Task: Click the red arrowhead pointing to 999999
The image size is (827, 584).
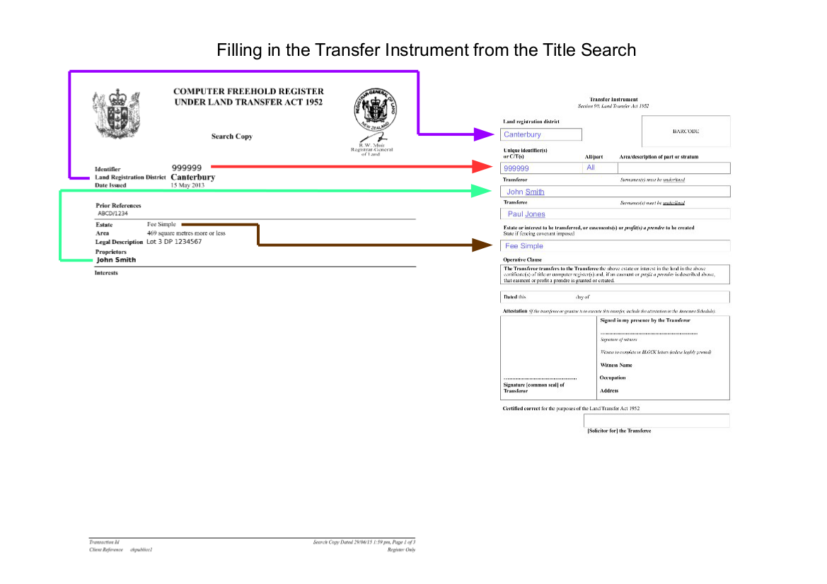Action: [x=484, y=166]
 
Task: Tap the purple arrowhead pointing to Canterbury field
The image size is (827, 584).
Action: [x=484, y=133]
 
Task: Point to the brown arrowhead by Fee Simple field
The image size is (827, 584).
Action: [x=484, y=245]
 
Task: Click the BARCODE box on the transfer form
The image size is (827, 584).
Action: [x=686, y=132]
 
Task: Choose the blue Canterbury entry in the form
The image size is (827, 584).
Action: [x=522, y=134]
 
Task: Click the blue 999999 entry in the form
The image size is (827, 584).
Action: [x=516, y=168]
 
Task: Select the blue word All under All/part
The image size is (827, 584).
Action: [x=591, y=168]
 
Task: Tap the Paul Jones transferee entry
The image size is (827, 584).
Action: [x=526, y=214]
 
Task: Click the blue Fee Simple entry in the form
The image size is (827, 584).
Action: [x=524, y=246]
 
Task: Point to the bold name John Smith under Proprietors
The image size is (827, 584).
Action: [x=116, y=259]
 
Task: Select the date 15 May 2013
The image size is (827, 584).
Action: [x=187, y=185]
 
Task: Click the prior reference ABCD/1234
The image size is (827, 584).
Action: [x=112, y=213]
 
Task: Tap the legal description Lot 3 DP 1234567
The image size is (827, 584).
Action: [x=174, y=242]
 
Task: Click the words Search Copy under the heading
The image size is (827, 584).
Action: [x=231, y=136]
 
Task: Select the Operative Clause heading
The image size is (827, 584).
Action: [x=522, y=260]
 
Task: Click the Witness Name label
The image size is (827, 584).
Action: [x=616, y=366]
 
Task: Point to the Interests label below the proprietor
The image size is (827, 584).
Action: [x=106, y=273]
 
